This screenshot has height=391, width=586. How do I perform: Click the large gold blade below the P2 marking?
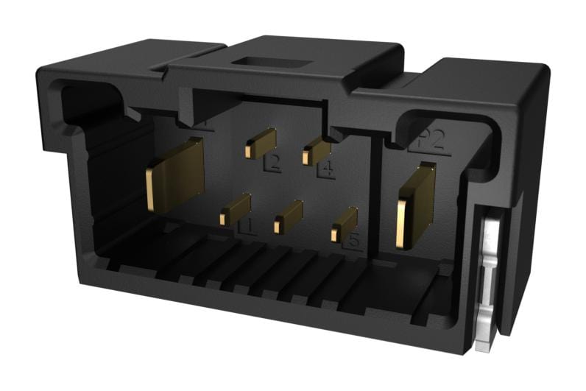(x=414, y=206)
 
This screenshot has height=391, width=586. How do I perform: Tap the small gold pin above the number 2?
(x=261, y=143)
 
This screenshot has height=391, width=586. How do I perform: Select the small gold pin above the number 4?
(x=316, y=150)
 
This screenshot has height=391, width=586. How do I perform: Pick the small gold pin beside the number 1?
(x=235, y=209)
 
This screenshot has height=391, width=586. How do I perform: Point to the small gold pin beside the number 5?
(x=344, y=224)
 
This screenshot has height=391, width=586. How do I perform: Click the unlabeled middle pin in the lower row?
(x=288, y=217)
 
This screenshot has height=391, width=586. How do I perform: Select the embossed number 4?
(x=325, y=170)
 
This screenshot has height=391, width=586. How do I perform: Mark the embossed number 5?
(x=354, y=239)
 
